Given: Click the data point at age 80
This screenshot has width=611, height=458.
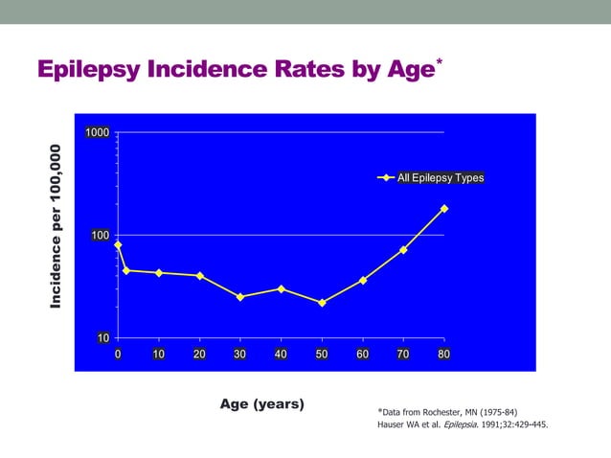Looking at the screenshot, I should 444,209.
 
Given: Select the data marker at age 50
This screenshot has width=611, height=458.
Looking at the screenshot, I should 322,303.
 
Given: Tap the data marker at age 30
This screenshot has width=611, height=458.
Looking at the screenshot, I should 240,297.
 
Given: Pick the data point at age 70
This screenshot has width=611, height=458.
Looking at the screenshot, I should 403,250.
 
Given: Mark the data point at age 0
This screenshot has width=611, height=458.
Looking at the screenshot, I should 118,245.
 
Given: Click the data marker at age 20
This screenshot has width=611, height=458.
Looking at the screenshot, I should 199,276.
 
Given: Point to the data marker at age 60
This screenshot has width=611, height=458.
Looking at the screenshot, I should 363,281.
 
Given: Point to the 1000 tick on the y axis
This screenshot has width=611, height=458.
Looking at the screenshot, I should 96,132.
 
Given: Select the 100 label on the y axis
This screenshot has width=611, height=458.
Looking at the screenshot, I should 99,235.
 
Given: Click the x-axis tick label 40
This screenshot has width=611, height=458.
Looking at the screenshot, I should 281,355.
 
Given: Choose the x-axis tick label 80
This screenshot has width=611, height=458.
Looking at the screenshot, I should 444,355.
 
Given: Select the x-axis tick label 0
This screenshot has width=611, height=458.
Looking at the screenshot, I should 118,355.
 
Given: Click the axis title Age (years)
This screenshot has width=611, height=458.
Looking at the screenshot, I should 262,403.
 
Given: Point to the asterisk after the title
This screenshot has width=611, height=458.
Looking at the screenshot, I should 439,62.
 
